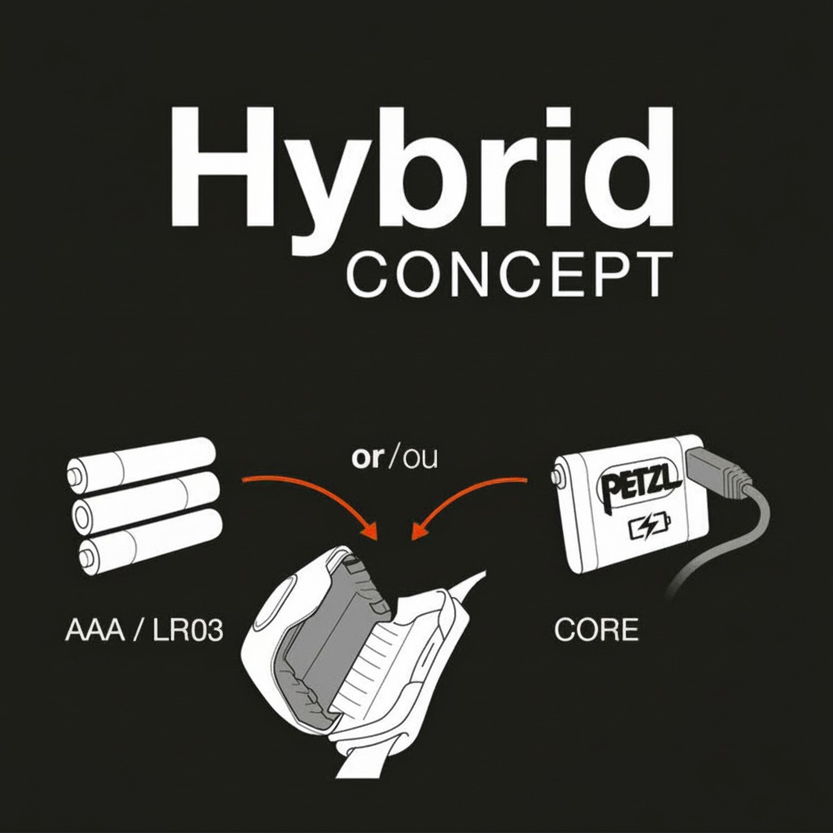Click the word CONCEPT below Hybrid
point(510,275)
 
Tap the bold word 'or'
point(367,457)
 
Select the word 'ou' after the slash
point(420,459)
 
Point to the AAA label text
point(95,630)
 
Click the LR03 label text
point(188,630)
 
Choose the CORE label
point(595,630)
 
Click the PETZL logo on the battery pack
point(639,484)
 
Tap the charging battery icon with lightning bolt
point(649,527)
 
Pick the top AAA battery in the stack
point(141,464)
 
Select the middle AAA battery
point(146,503)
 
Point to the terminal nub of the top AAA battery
point(72,476)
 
